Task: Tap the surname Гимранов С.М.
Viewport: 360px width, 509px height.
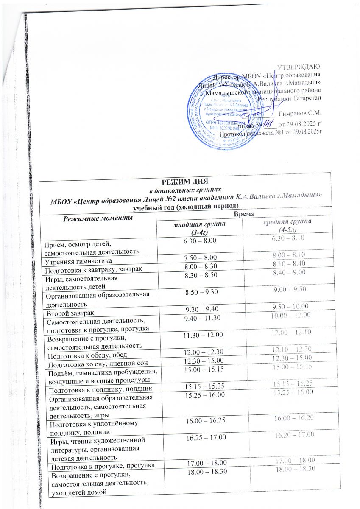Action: (301, 114)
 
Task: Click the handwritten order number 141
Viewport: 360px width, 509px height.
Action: (268, 125)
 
